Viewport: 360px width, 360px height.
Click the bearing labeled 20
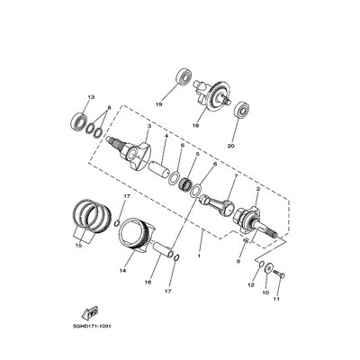point(241,112)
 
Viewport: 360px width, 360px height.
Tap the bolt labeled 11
point(275,273)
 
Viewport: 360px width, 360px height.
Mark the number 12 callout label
point(251,284)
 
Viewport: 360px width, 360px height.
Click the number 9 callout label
point(238,262)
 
